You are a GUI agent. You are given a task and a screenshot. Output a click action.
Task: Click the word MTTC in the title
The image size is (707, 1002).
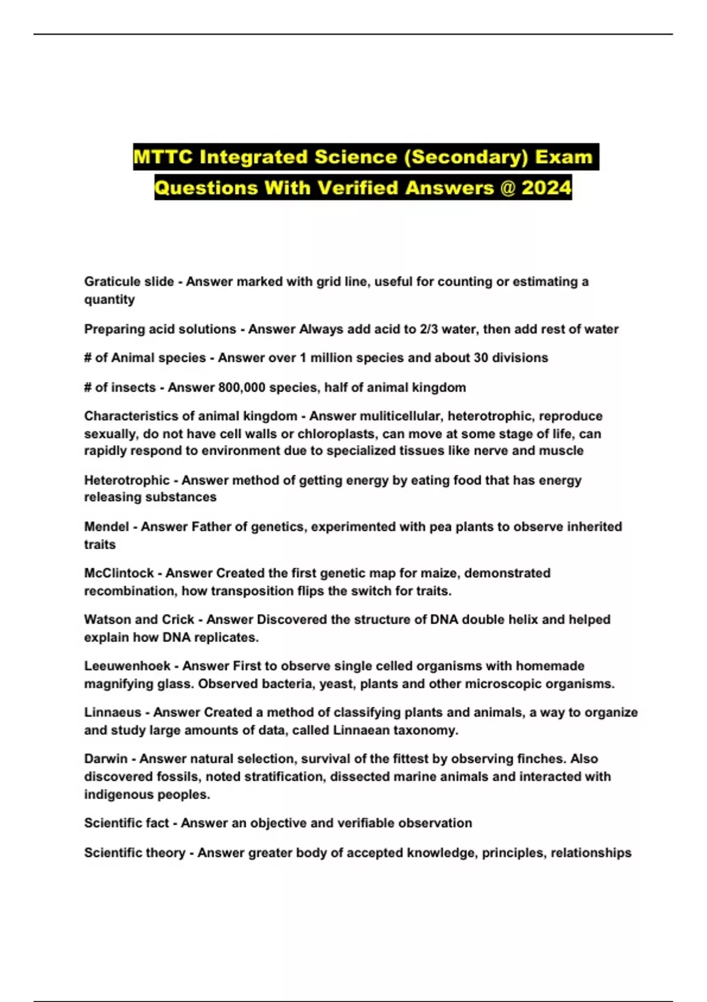coord(163,157)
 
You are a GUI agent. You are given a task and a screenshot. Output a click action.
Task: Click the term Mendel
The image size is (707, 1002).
coord(106,526)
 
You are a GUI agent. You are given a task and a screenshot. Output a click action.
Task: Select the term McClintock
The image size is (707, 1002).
coord(119,573)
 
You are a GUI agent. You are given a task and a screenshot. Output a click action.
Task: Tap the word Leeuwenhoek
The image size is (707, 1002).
coord(127,666)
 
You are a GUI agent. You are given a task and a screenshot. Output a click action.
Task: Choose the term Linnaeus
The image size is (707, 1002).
coord(113,712)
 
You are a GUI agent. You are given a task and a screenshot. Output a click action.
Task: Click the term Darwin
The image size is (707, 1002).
coord(105,759)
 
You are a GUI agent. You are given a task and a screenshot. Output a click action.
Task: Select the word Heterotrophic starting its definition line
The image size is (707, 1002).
coord(127,480)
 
